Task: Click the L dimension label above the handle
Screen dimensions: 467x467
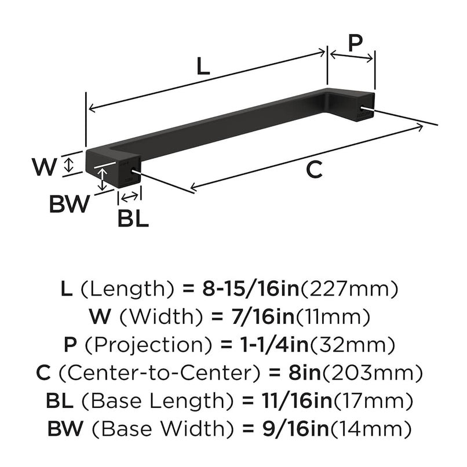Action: (202, 67)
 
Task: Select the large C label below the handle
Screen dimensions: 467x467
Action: (313, 170)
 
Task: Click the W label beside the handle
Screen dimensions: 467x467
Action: (45, 167)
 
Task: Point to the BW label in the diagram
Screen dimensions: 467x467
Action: (70, 204)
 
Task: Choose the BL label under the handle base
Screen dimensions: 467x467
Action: (133, 218)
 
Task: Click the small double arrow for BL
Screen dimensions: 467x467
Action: (129, 197)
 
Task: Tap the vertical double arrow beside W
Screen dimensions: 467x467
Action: (68, 165)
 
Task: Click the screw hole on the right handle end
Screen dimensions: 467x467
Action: (364, 107)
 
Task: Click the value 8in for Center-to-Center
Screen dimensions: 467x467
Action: (301, 373)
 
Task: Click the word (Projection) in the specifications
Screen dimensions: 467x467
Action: (147, 345)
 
